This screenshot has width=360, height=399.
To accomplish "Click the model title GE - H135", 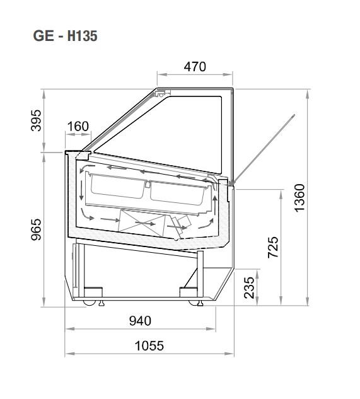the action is click(65, 36).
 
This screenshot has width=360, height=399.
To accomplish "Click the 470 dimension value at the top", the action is click(195, 67).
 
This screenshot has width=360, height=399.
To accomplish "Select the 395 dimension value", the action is click(36, 120).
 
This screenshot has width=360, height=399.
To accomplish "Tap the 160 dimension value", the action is click(78, 126).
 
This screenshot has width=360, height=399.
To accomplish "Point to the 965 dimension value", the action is click(36, 229).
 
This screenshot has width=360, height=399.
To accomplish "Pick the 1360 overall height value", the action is click(299, 198).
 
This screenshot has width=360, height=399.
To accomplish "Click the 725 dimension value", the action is click(273, 247).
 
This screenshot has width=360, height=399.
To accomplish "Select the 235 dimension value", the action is click(249, 287).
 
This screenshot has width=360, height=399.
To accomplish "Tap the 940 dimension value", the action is click(140, 321).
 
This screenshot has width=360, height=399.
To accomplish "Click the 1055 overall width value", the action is click(149, 346).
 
